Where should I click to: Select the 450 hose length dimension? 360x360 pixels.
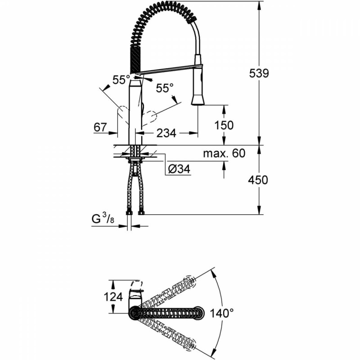coord(258,180)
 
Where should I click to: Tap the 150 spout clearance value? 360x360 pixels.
coord(224,125)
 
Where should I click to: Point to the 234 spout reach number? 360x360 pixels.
coord(166,133)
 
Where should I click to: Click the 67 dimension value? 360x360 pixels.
coord(100,127)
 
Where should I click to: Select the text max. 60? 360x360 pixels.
coord(224,153)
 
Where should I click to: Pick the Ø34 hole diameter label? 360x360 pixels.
coord(179,170)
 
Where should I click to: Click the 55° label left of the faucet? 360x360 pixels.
coord(121,80)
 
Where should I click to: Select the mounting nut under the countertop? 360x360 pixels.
coord(135,159)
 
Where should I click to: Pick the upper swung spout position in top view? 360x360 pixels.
coord(171,292)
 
